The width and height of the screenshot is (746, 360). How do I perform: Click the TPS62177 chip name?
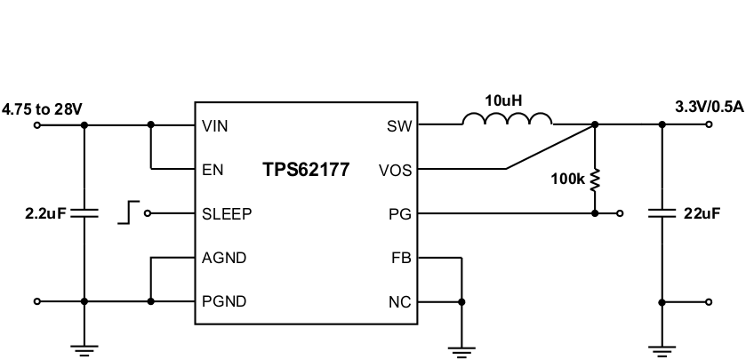point(305,170)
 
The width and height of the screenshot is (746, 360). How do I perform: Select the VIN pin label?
point(215,126)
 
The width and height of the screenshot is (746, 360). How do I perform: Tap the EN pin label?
point(213,170)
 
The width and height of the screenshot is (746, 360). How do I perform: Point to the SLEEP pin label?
point(227,213)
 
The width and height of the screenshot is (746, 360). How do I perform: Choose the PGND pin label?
point(224,301)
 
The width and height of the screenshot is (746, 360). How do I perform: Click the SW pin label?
point(399,126)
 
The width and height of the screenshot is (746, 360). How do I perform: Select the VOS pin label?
point(395,170)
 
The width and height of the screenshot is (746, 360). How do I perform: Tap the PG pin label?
point(401,213)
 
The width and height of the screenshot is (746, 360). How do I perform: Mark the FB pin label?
point(401,258)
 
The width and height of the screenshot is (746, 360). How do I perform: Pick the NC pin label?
point(400,301)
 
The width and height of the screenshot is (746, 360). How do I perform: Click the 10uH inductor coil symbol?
point(507,120)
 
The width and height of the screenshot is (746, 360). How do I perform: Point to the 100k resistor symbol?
point(595,180)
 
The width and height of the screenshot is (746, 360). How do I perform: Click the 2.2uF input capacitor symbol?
point(84,213)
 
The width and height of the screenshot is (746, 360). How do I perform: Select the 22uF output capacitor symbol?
point(662,213)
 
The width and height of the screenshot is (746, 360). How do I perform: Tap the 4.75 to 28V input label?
point(42,108)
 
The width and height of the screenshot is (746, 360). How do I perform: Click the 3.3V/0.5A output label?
point(709,107)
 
